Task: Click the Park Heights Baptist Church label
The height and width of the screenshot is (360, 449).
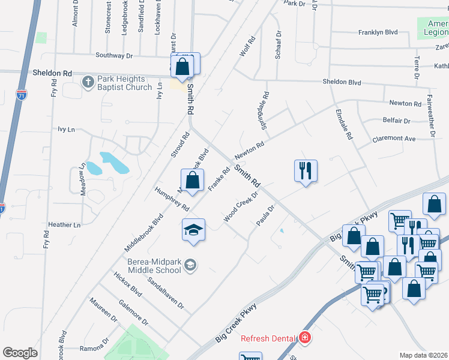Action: [x=122, y=83]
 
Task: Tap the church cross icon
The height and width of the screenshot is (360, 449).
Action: [x=88, y=82]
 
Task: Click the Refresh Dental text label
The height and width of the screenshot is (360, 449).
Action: [x=268, y=338]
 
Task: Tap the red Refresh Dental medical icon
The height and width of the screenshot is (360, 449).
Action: [x=305, y=338]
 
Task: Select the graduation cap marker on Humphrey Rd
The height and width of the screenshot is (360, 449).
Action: [x=193, y=230]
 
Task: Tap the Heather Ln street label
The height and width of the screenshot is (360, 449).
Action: [x=64, y=225]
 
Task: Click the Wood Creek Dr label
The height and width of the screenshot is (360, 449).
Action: [x=240, y=206]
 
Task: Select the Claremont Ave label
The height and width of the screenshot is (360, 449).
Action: [x=394, y=138]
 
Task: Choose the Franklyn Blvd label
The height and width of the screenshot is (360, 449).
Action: [x=378, y=32]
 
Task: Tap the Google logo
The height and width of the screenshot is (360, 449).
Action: [x=20, y=352]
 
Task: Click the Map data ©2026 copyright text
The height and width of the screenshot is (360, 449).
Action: [x=424, y=355]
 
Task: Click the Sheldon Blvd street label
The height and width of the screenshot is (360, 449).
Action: [x=342, y=82]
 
